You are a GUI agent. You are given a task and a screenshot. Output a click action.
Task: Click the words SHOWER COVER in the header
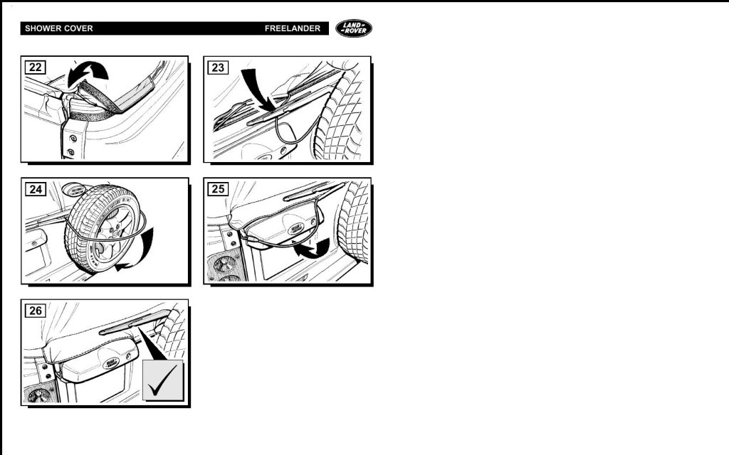click(x=59, y=28)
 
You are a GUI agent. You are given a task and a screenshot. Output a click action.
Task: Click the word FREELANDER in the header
click(x=293, y=28)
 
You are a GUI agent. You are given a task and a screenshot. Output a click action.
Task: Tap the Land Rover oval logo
click(x=354, y=28)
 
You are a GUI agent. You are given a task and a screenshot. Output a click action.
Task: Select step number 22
click(x=36, y=68)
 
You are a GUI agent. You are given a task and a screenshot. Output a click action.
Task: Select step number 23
click(x=218, y=68)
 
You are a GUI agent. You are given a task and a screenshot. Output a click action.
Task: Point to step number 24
click(x=36, y=189)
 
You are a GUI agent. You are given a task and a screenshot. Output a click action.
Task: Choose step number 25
click(x=218, y=189)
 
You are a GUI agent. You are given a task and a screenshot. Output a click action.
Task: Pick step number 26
click(x=36, y=311)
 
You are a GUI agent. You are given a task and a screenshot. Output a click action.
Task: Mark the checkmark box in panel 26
click(x=163, y=380)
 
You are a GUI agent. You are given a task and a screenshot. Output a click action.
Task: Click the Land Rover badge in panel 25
click(x=295, y=228)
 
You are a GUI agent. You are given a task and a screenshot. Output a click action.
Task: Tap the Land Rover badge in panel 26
click(x=110, y=363)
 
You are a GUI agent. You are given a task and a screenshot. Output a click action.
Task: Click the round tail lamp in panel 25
click(x=224, y=265)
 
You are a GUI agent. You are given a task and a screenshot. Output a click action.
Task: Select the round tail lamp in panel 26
click(x=39, y=396)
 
